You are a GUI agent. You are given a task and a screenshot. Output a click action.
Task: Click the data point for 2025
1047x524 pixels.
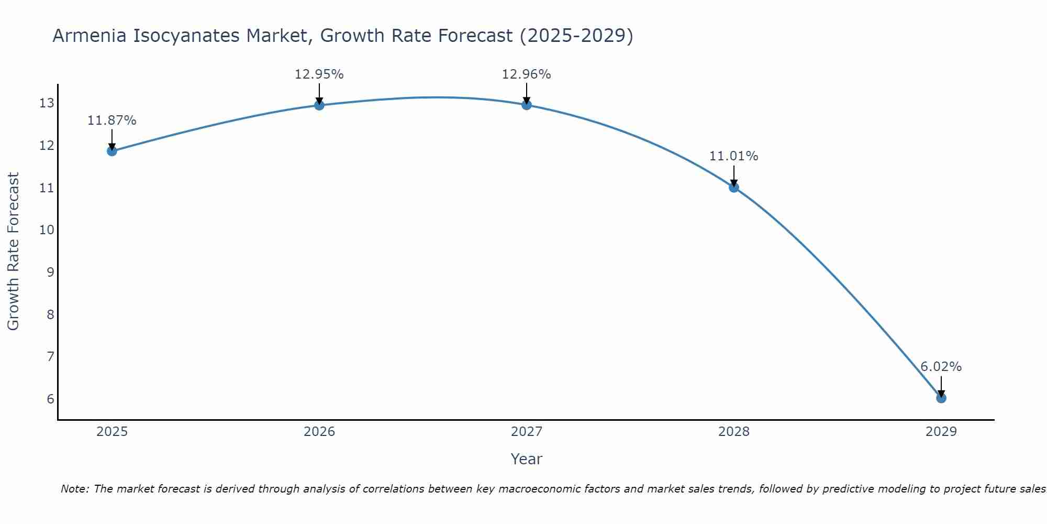click(112, 151)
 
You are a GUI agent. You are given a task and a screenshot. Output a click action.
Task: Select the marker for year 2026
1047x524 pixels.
click(319, 105)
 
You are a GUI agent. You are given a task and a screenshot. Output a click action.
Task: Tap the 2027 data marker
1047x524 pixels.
click(527, 105)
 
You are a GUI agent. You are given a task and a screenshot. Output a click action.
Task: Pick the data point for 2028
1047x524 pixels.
click(734, 187)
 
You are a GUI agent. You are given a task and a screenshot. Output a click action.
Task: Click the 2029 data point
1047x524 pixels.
click(941, 398)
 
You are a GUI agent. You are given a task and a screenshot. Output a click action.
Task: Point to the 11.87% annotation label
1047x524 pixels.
click(112, 121)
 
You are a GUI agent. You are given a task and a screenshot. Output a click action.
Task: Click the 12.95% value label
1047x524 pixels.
click(319, 74)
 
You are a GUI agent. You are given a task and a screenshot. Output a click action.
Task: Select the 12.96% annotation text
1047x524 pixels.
click(526, 74)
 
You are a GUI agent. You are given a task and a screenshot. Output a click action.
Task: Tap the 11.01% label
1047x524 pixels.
click(733, 156)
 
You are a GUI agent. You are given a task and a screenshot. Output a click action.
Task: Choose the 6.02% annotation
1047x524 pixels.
click(941, 367)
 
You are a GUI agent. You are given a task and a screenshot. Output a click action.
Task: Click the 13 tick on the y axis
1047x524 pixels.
click(47, 103)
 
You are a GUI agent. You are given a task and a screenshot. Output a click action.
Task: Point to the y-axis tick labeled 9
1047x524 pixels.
click(50, 272)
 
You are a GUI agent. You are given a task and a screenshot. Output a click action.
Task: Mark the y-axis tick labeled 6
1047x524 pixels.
click(50, 399)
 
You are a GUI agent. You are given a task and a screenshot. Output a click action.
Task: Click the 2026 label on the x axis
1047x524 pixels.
click(319, 432)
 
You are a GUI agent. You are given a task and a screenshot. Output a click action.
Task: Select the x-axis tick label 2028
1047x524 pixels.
click(734, 432)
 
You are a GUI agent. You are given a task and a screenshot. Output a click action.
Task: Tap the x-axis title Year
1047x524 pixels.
click(526, 459)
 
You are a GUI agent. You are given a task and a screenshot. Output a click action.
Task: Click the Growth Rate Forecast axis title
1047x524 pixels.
click(14, 252)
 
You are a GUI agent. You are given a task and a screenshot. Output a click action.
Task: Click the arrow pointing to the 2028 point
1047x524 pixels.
click(734, 176)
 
